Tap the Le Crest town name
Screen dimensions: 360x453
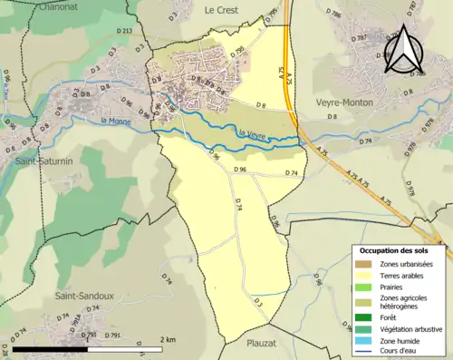[x=221, y=10]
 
